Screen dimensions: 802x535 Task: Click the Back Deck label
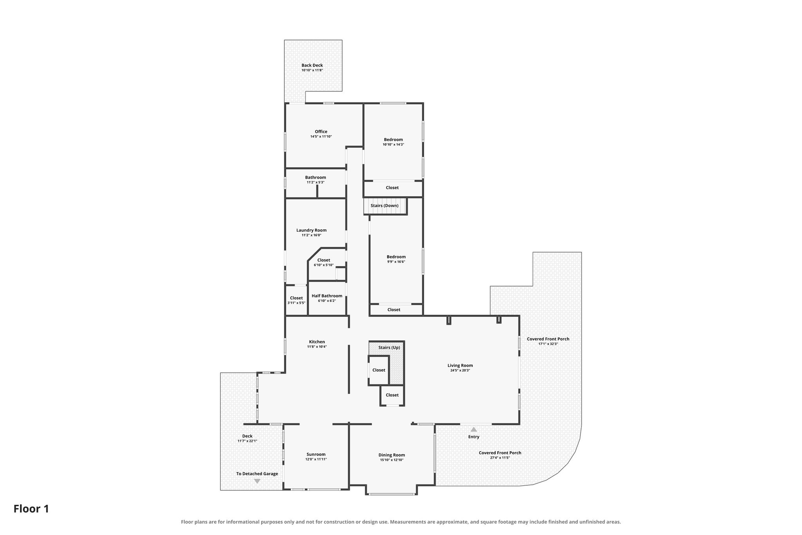[x=312, y=65]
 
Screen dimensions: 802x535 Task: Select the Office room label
[x=321, y=132]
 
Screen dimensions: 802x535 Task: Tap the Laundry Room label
[x=311, y=230]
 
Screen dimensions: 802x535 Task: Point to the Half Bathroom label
[x=327, y=296]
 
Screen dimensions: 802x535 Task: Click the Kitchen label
[x=317, y=342]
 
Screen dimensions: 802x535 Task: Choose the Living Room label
[x=460, y=366]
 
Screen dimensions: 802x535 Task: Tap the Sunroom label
[x=316, y=455]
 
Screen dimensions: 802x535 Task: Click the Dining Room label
[x=392, y=455]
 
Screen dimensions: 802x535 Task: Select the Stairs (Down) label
[x=385, y=206]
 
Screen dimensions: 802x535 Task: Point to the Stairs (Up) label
[x=389, y=348]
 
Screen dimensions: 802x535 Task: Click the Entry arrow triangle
[x=474, y=429]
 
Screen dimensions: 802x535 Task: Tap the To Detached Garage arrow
[x=257, y=481]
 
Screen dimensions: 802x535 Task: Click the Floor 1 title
[x=31, y=509]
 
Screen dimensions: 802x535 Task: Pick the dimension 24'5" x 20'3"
[x=460, y=370]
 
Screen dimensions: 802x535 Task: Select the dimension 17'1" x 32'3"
[x=548, y=344]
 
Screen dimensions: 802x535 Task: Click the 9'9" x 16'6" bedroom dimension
[x=396, y=262]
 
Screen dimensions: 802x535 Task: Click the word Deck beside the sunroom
[x=247, y=436]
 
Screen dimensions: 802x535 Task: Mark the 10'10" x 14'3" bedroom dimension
[x=393, y=145]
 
